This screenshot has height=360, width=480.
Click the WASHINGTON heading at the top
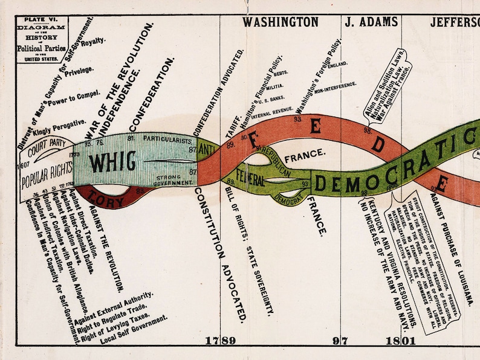(281, 22)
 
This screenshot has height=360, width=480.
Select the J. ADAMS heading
(371, 22)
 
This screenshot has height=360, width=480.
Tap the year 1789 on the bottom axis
(220, 341)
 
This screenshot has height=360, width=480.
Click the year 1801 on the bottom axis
(401, 341)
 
